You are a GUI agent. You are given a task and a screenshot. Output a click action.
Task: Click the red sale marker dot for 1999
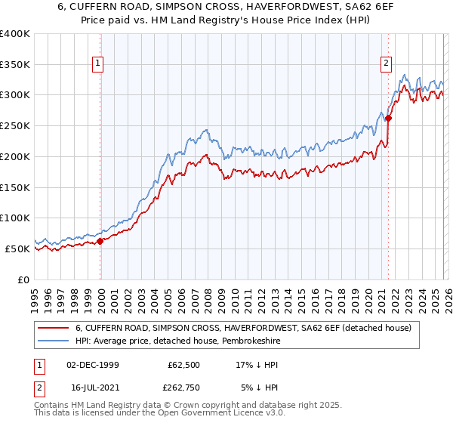tap(100, 241)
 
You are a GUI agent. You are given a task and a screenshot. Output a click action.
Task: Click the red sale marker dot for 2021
tap(388, 118)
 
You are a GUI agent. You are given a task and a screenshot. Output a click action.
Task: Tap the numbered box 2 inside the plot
tap(386, 64)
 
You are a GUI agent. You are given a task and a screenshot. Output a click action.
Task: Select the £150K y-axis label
tap(15, 187)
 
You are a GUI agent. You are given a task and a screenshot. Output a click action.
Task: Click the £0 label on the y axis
tap(23, 279)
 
